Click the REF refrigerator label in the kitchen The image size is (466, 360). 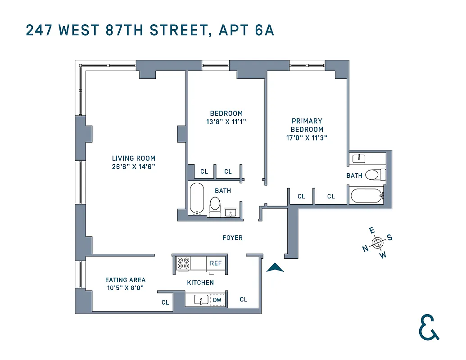coord(216,263)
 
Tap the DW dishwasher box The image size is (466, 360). coord(217,300)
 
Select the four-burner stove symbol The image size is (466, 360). coord(183,263)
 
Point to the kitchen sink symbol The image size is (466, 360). coord(201,300)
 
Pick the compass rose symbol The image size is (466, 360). coord(377,243)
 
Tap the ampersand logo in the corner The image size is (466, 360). coord(428,327)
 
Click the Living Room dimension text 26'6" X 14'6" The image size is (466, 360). coord(134,166)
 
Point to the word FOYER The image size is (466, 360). coord(232,238)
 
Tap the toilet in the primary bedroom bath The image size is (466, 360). coord(375,175)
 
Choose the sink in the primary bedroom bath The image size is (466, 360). coord(359,158)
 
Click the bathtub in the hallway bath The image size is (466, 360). coord(197,198)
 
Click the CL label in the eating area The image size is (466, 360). coord(165,302)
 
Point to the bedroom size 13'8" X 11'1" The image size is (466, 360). coord(226,121)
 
